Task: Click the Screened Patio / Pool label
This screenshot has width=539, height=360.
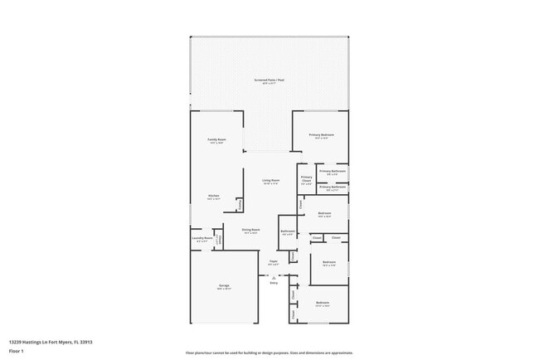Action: click(269, 80)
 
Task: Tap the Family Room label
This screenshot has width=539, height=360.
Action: click(217, 140)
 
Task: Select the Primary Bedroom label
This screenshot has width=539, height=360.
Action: click(321, 134)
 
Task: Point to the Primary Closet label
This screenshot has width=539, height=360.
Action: click(306, 178)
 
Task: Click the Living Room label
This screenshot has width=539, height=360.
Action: click(270, 181)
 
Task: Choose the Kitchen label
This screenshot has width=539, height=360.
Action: click(213, 197)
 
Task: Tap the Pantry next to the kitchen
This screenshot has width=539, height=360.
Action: click(239, 204)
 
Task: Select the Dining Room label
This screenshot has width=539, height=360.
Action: click(251, 231)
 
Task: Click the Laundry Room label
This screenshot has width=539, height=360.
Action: click(202, 239)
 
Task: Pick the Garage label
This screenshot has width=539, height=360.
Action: click(224, 286)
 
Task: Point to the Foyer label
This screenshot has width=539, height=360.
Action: click(273, 262)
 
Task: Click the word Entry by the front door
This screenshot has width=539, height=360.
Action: click(274, 283)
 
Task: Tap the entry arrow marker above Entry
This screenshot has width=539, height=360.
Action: click(274, 275)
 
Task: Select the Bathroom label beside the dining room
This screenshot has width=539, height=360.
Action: click(288, 231)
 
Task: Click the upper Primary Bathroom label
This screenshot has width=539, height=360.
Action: click(333, 172)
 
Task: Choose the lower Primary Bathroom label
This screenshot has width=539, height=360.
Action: click(333, 187)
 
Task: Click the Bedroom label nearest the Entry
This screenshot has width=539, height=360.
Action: click(323, 303)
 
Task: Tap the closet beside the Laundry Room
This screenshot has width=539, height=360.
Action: click(219, 237)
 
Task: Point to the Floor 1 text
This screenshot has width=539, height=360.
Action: click(17, 351)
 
